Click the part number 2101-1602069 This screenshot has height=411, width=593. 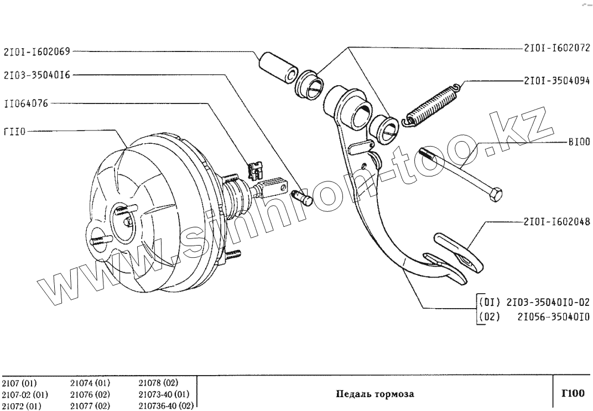37,52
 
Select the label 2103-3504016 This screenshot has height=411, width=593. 37,75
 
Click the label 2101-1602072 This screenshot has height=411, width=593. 556,49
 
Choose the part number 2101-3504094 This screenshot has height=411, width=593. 556,80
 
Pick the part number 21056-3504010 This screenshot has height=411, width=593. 554,318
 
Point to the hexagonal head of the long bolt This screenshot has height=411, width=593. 495,194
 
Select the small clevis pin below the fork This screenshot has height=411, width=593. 303,196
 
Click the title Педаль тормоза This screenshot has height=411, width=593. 375,394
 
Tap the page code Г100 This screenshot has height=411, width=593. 573,394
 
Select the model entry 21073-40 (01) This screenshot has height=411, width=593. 164,394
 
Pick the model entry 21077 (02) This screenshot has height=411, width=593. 90,405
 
